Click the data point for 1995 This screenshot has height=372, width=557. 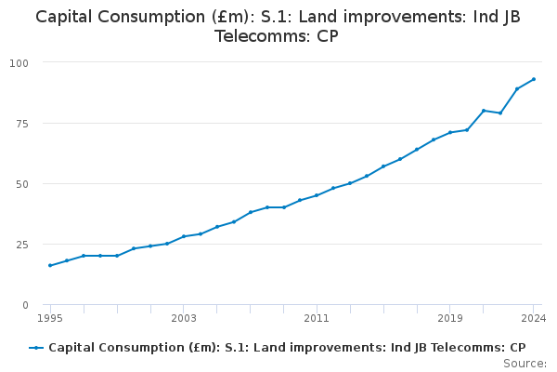[50, 266]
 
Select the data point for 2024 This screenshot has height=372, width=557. [534, 79]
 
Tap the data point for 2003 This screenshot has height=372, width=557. [184, 236]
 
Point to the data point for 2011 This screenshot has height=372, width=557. [317, 195]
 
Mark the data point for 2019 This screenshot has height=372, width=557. [450, 132]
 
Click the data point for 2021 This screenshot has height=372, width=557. [484, 111]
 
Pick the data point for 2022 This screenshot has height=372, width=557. [500, 113]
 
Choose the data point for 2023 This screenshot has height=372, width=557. [517, 89]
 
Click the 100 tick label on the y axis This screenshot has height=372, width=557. [19, 62]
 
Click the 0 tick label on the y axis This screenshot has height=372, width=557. [25, 305]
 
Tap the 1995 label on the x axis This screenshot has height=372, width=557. [50, 318]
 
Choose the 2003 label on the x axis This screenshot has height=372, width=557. [184, 318]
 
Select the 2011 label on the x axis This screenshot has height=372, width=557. [317, 318]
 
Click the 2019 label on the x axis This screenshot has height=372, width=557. [450, 318]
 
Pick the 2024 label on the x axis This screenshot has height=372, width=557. [534, 318]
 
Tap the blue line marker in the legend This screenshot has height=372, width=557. [36, 348]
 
